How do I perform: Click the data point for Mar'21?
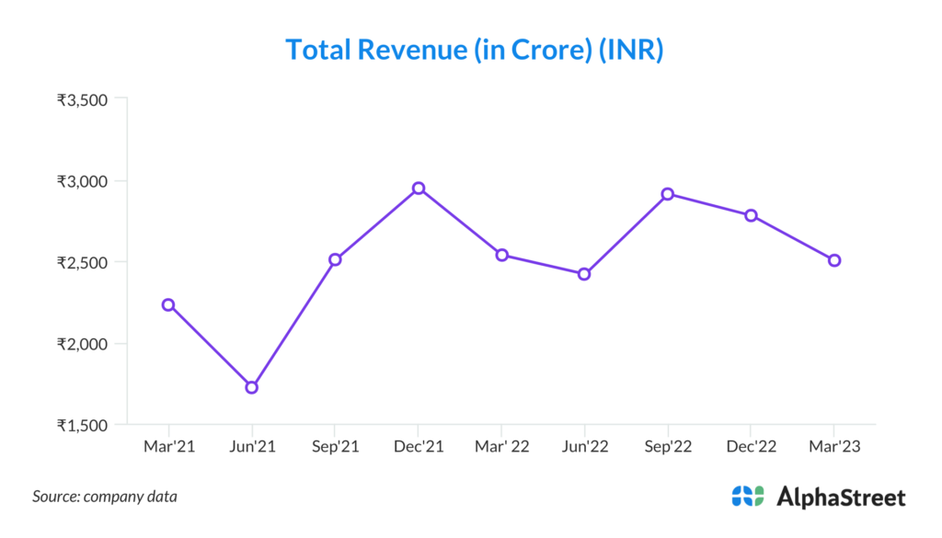tap(168, 304)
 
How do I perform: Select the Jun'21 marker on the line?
tap(251, 387)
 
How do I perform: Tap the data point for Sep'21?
tap(335, 259)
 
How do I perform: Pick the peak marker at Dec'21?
tap(419, 188)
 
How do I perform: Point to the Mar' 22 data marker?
tap(501, 255)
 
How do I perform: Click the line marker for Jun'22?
tap(584, 274)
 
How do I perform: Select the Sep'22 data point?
tap(668, 194)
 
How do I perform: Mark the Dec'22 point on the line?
tap(751, 215)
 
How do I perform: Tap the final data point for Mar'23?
tap(834, 260)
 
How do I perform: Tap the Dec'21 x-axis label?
tap(419, 446)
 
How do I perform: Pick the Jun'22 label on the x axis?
tap(584, 446)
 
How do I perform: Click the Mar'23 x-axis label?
tap(834, 446)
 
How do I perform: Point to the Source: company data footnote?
tap(105, 497)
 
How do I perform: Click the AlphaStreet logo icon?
tap(748, 497)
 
